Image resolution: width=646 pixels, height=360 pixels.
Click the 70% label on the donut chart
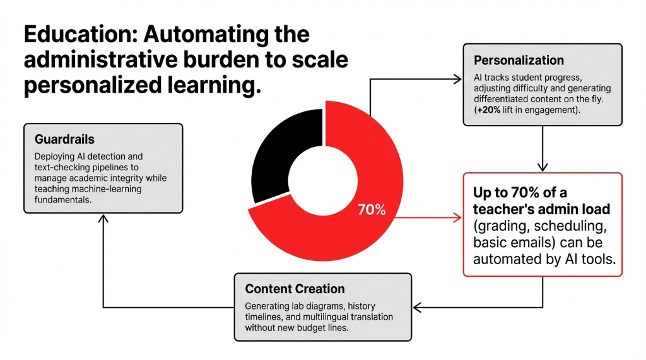371,210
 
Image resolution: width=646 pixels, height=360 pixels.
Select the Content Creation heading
295,289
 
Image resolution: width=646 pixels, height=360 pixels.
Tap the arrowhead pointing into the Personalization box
458,79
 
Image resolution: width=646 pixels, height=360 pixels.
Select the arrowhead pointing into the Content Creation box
418,307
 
